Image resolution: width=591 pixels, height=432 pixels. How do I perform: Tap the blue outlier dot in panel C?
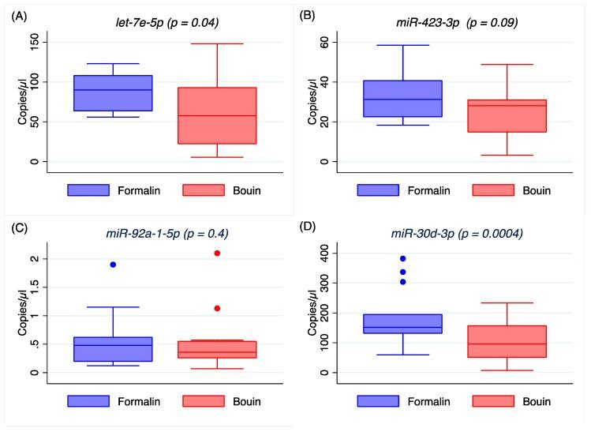pos(113,265)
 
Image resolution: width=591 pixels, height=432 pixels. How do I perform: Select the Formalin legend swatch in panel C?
pos(88,400)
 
